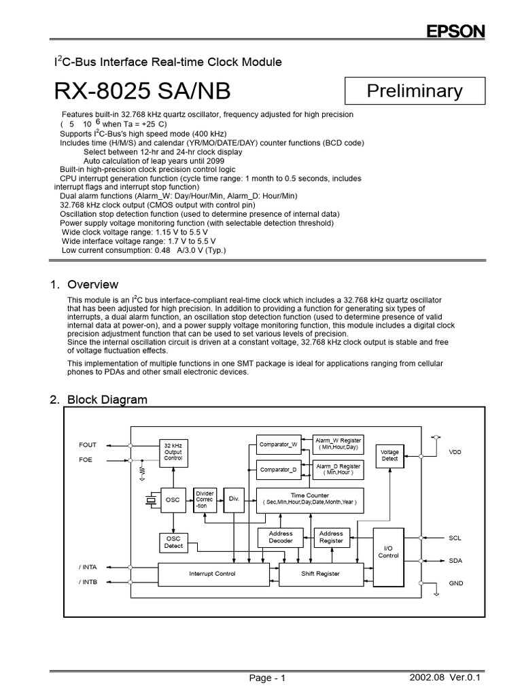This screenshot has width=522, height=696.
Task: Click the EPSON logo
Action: pos(455,32)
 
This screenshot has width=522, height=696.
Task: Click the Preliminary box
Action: pos(415,90)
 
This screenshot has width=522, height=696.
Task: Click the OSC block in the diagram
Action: pos(173,500)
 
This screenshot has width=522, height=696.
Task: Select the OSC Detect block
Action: pos(173,542)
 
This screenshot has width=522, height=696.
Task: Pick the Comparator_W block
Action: pos(279,445)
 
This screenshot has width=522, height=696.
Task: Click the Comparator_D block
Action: pos(279,470)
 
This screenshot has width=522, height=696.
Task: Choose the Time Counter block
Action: pos(310,500)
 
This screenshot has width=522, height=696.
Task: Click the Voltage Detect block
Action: pos(389,455)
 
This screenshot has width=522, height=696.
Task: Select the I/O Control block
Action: pos(388,551)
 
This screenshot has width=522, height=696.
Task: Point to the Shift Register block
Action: pos(321,574)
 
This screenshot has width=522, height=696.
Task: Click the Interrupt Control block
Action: pos(212,574)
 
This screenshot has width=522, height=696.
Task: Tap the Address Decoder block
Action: pos(281,538)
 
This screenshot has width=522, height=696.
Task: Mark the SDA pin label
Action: pos(455,561)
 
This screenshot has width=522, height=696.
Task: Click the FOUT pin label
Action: pos(88,445)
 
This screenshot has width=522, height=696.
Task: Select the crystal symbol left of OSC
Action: pos(150,501)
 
